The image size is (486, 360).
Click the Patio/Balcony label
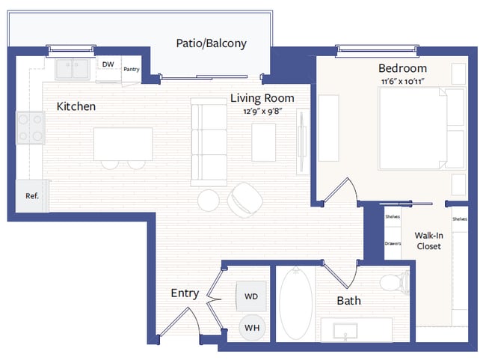tap(211, 43)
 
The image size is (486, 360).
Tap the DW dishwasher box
tap(108, 65)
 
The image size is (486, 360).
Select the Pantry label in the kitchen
tap(131, 70)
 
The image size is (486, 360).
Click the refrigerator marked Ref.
tap(32, 196)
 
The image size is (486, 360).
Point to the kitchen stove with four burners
tap(29, 127)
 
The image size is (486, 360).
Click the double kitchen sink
tap(73, 69)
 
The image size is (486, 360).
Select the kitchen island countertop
tap(123, 143)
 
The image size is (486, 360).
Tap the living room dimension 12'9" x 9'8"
tap(262, 112)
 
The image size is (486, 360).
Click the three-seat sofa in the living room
tap(209, 141)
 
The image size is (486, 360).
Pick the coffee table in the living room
tap(263, 142)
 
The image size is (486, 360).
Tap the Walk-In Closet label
tap(428, 240)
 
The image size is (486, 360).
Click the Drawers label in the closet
tap(393, 243)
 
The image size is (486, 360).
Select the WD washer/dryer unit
tap(251, 296)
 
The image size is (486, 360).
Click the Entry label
tap(184, 293)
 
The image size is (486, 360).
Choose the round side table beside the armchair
tap(209, 200)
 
